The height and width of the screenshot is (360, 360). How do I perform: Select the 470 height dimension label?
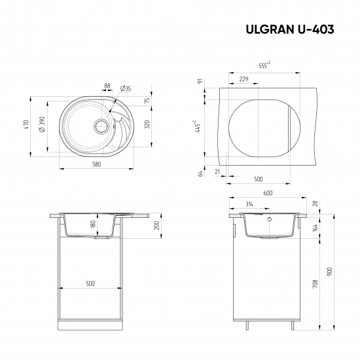coord(26,126)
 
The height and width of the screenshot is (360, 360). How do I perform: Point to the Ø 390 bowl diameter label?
coord(42,126)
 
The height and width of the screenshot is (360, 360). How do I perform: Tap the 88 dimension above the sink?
coord(107,85)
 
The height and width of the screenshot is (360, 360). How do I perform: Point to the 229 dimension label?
coord(243,79)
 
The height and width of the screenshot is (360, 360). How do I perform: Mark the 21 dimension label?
coord(217,172)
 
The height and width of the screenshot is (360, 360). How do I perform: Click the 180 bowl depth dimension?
coord(94,224)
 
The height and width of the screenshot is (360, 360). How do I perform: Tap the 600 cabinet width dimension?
coord(267,193)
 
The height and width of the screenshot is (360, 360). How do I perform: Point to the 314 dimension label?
coord(249,204)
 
